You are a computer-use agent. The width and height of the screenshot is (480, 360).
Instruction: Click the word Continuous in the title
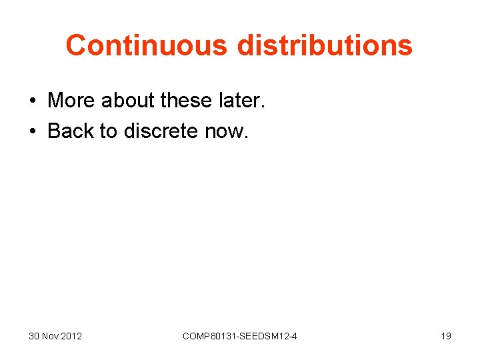(x=146, y=45)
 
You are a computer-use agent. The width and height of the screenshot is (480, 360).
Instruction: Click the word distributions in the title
(x=324, y=45)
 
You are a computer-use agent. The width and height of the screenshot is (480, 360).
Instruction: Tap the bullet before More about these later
(x=33, y=101)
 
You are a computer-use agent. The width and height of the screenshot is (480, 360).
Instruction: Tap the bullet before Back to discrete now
(x=33, y=131)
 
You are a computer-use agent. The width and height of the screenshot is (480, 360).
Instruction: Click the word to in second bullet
(x=108, y=131)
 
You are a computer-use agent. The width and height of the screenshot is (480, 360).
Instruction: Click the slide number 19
(x=446, y=336)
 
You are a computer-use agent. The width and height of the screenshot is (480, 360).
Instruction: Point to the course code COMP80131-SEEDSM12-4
(x=240, y=336)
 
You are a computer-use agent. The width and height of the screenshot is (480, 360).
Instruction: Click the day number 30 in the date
(x=35, y=336)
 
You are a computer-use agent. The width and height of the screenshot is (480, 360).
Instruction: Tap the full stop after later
(x=263, y=106)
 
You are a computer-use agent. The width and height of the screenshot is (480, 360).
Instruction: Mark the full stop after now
(x=246, y=137)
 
